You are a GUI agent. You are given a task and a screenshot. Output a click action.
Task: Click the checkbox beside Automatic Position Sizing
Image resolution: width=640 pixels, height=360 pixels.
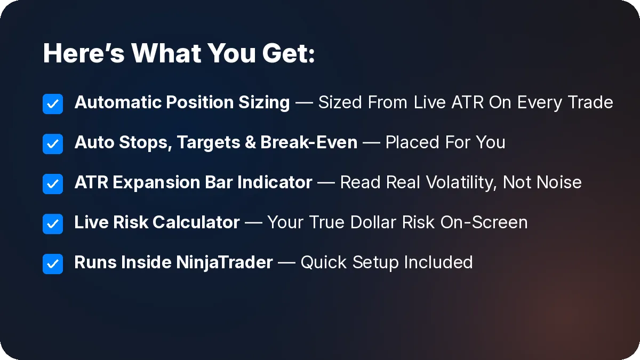click(x=53, y=104)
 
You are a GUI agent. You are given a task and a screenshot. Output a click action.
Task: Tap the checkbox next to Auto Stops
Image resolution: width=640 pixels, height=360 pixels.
click(x=53, y=144)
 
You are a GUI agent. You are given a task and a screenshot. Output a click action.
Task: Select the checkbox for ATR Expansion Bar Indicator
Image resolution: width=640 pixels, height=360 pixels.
click(x=53, y=184)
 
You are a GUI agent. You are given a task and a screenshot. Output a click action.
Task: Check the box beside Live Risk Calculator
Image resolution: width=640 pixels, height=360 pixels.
click(x=53, y=224)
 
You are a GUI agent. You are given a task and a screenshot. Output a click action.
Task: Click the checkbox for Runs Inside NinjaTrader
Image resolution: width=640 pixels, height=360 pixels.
click(x=53, y=264)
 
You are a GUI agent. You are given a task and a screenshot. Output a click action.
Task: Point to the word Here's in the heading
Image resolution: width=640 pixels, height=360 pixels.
click(x=84, y=53)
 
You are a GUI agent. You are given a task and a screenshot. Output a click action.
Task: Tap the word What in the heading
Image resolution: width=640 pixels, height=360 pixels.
click(x=166, y=53)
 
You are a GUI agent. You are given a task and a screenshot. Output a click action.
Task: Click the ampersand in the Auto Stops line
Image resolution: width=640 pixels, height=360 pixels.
click(x=251, y=142)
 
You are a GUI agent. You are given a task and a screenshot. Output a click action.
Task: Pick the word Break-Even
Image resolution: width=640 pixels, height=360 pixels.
click(x=309, y=142)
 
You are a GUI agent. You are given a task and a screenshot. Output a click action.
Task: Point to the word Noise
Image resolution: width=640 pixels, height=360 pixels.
click(x=559, y=182)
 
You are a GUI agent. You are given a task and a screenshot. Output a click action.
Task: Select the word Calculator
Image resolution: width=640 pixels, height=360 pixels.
click(x=196, y=222)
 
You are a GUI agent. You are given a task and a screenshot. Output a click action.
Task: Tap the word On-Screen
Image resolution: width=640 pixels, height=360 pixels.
click(x=484, y=222)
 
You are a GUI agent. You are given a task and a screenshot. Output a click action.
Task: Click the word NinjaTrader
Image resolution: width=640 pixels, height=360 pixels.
click(x=225, y=263)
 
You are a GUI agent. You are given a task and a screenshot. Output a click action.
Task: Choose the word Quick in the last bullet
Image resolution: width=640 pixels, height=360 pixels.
click(x=324, y=262)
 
